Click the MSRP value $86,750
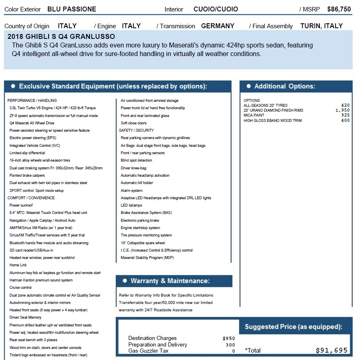tap(339, 9)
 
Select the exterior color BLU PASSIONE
tap(72, 9)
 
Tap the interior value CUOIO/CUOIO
tap(216, 9)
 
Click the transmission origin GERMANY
tap(218, 26)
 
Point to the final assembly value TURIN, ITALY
tap(322, 26)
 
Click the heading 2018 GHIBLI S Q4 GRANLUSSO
tap(61, 36)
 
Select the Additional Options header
tap(284, 86)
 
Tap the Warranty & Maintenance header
tap(170, 281)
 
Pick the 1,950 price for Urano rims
tap(342, 110)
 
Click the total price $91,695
tap(331, 351)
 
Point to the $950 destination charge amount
tap(229, 338)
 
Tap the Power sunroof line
tap(21, 205)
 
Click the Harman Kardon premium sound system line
tap(41, 280)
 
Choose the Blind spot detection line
tap(136, 160)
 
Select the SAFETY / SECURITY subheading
tap(136, 130)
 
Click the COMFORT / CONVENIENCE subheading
tap(31, 198)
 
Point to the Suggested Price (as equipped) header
tap(293, 327)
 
